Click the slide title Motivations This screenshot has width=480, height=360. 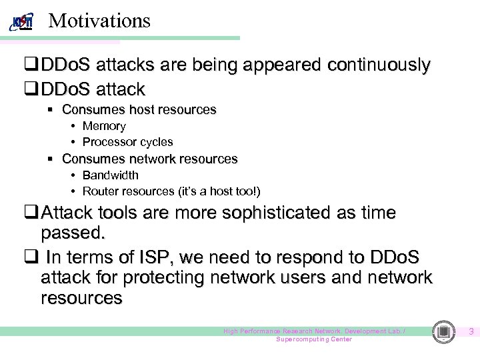[x=100, y=21]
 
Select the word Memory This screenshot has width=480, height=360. [x=104, y=126]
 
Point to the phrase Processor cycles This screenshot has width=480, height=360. [x=127, y=142]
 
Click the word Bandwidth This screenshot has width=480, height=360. [x=111, y=175]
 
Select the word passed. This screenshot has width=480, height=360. [x=73, y=234]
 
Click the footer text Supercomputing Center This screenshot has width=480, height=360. [x=314, y=339]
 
